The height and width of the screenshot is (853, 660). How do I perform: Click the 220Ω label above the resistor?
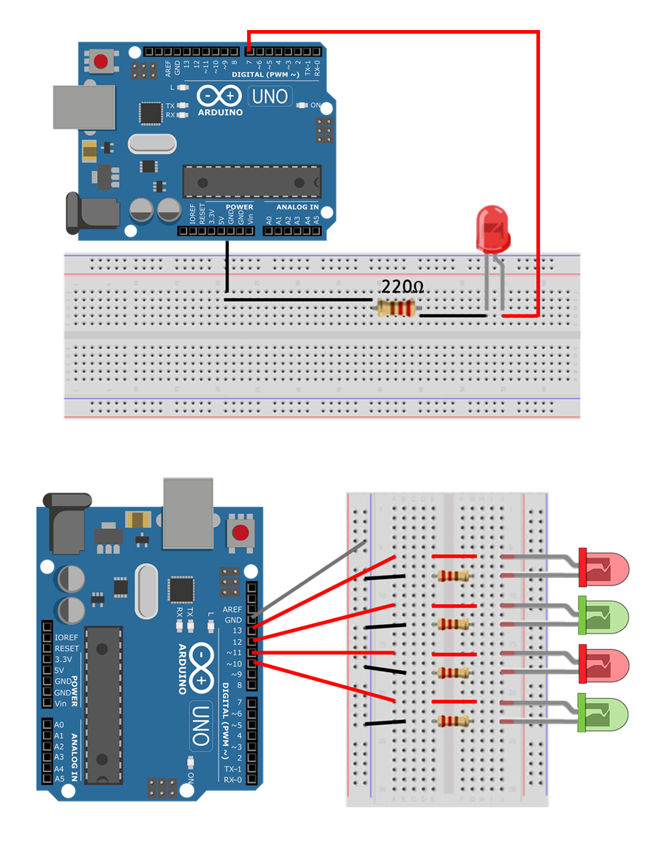[x=402, y=287]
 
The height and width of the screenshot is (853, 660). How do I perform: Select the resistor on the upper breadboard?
[x=396, y=309]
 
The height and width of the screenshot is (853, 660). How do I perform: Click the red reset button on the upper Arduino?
[x=101, y=61]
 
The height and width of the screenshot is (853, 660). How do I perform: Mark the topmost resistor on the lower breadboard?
[x=453, y=576]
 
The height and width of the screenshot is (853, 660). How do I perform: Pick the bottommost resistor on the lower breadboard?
[x=453, y=721]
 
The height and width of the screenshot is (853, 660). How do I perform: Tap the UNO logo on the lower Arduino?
[x=201, y=722]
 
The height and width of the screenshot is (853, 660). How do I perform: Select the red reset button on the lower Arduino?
[x=241, y=533]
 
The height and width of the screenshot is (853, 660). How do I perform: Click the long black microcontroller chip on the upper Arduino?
[x=251, y=181]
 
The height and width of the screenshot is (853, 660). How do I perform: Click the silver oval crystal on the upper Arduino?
[x=151, y=144]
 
